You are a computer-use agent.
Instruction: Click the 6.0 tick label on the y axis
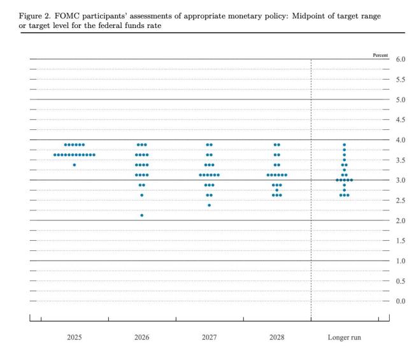[401, 59]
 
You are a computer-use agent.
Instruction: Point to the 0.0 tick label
[401, 301]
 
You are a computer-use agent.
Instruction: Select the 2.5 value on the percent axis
[401, 201]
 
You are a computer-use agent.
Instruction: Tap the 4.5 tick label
[401, 120]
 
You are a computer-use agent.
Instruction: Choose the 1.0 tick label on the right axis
[401, 261]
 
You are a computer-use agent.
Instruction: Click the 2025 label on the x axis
[75, 337]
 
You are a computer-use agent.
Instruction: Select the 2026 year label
[141, 337]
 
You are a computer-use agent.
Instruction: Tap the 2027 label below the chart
[209, 337]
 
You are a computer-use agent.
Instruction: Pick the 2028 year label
[276, 337]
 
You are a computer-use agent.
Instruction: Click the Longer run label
[344, 337]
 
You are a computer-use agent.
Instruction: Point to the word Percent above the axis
[380, 55]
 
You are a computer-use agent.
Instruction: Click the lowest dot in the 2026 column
[141, 215]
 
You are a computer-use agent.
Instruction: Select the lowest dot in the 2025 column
[75, 165]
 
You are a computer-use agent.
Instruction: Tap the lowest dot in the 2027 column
[209, 205]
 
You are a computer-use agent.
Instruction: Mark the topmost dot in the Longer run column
[344, 145]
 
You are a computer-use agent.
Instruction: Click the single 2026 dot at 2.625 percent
[141, 195]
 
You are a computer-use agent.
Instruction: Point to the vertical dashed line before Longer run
[310, 191]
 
